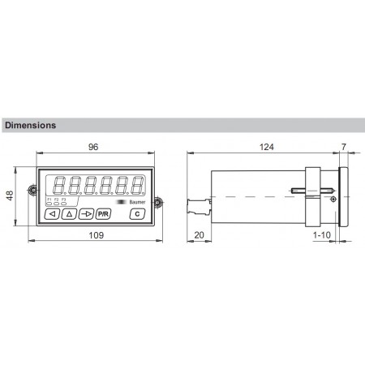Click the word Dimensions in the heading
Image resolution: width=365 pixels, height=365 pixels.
pyautogui.click(x=30, y=126)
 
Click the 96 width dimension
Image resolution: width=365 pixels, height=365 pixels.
pyautogui.click(x=93, y=148)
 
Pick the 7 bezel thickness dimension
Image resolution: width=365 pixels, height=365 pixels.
pyautogui.click(x=344, y=148)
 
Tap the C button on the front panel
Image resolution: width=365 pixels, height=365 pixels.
pyautogui.click(x=136, y=213)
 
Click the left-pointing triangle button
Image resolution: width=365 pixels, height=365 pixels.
pyautogui.click(x=52, y=214)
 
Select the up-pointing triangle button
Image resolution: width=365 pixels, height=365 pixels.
pyautogui.click(x=69, y=214)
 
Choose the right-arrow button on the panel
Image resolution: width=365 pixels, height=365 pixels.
pyautogui.click(x=86, y=214)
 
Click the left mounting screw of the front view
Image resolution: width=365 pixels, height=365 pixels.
pyautogui.click(x=32, y=191)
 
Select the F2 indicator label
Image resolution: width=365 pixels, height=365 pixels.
pyautogui.click(x=56, y=199)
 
